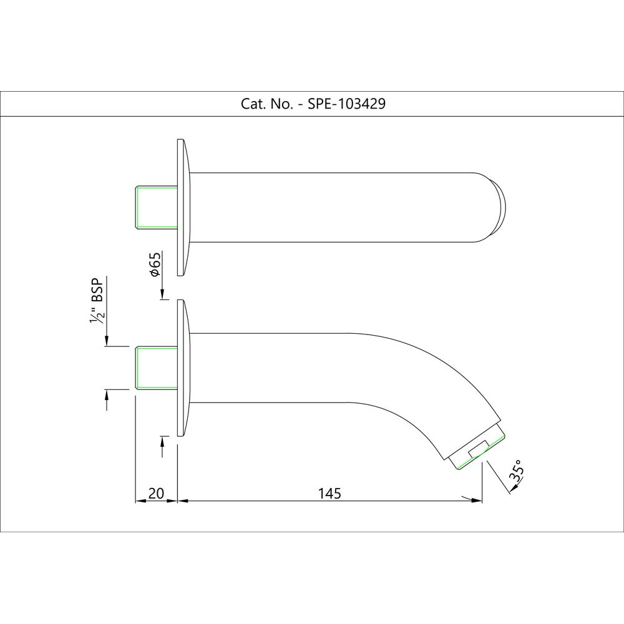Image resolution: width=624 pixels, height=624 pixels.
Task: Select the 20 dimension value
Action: click(x=156, y=494)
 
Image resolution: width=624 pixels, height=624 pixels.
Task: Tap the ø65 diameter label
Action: click(x=155, y=265)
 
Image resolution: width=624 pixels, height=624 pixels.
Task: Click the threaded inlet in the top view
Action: click(x=157, y=206)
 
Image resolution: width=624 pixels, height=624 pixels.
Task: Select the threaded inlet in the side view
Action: click(x=157, y=368)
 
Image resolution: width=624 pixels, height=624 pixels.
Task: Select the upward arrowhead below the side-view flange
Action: click(x=162, y=441)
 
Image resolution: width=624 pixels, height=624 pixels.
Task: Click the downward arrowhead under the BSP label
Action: click(x=107, y=341)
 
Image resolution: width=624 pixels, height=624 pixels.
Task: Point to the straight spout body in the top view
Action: click(x=337, y=207)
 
